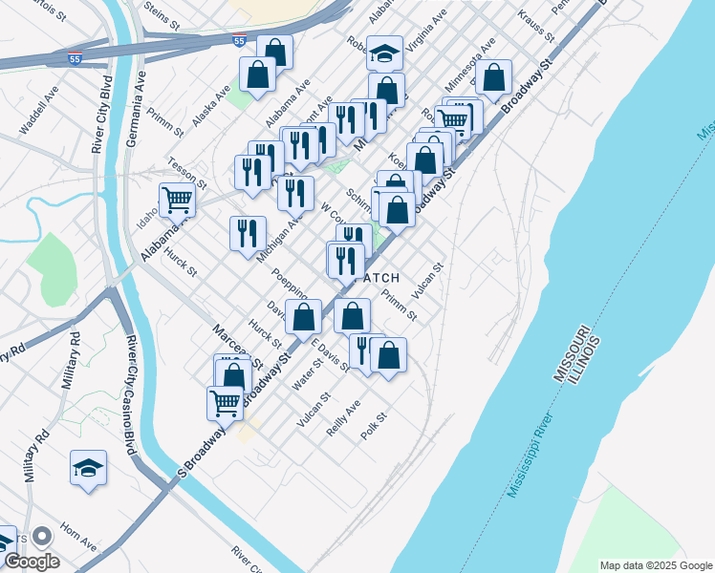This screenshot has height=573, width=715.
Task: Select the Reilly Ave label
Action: [x=343, y=418]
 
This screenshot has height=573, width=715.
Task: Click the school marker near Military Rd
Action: [x=88, y=468]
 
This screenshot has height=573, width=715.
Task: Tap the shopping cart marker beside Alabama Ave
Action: [x=177, y=200]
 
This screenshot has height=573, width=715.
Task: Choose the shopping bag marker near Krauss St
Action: [x=494, y=78]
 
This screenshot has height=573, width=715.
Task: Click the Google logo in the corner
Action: [x=31, y=562]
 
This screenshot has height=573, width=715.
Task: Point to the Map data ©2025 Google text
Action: [x=656, y=565]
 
